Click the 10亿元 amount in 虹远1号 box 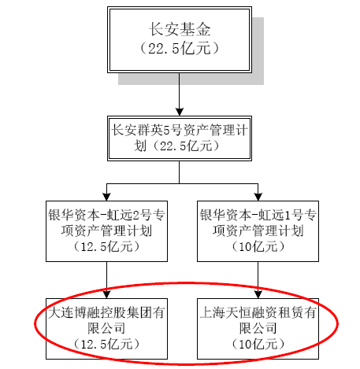[x=259, y=246]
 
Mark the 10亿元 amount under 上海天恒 [x=259, y=343]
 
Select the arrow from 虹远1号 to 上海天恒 [x=259, y=280]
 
